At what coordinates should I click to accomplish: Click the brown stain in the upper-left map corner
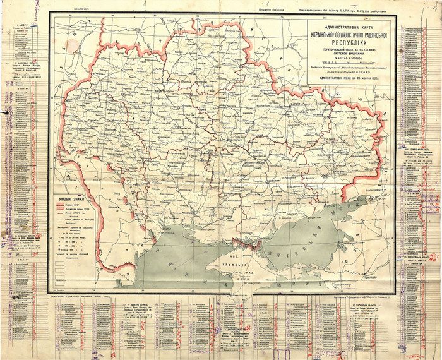60,25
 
